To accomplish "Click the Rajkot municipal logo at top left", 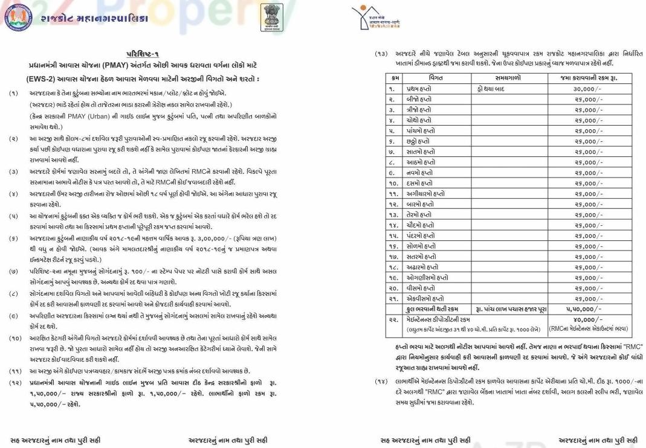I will (18, 17).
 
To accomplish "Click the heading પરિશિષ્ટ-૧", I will (143, 54).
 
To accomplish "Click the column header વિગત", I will (436, 78).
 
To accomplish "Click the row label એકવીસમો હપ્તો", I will (424, 298).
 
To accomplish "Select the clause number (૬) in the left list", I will (13, 239).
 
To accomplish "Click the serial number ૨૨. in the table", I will (393, 319).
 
